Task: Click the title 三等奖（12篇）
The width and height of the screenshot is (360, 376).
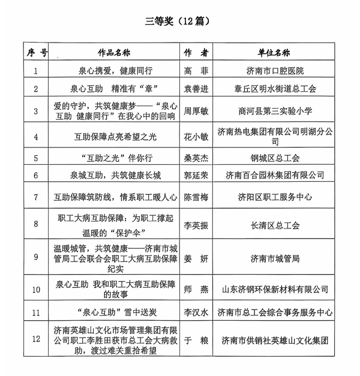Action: [179, 22]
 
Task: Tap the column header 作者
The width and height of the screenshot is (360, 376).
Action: [196, 52]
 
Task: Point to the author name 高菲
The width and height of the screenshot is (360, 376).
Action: [196, 70]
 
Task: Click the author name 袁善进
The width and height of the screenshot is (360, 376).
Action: [196, 89]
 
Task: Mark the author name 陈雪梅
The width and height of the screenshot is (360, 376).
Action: [196, 197]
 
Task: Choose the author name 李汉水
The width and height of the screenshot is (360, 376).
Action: [196, 312]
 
